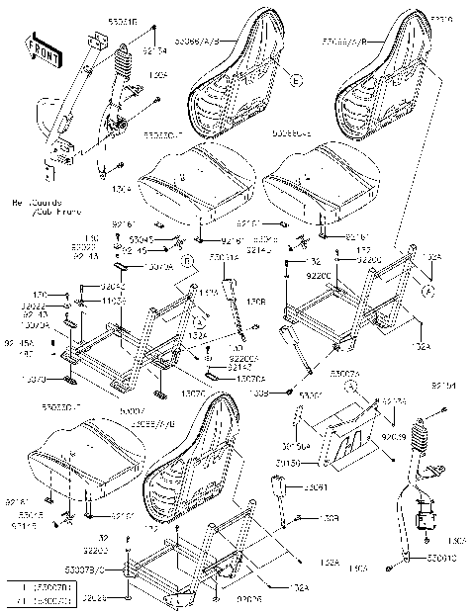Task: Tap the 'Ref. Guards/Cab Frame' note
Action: click(x=40, y=206)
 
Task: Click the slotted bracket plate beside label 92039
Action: click(x=352, y=434)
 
